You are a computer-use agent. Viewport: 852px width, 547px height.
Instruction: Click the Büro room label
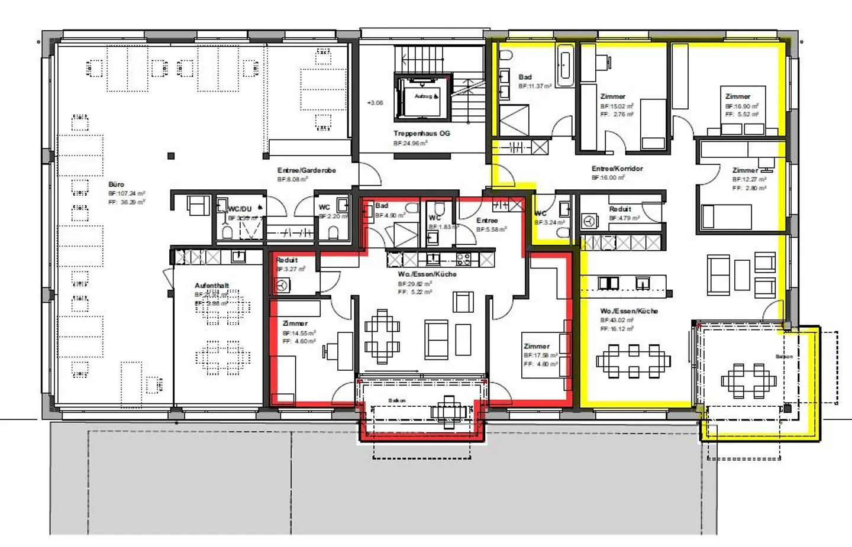pos(117,185)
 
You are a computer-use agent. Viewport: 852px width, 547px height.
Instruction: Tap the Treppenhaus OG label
pos(421,134)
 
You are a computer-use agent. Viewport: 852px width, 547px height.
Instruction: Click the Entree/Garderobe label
pos(306,170)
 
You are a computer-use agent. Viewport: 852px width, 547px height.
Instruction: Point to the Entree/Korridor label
pos(617,169)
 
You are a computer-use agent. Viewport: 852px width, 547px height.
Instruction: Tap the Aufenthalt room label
pos(212,286)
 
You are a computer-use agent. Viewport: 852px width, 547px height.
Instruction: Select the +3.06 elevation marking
pos(375,103)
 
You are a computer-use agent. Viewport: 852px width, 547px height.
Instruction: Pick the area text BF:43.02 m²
pos(617,320)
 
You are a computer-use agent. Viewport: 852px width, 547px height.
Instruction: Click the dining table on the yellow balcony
pos(748,380)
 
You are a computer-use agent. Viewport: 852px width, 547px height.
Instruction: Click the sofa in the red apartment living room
pos(437,340)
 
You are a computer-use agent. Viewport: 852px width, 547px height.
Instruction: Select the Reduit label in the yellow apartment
pos(620,209)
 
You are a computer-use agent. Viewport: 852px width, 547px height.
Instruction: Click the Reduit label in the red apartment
pos(287,260)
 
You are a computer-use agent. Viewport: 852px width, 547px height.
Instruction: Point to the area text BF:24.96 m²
pos(411,143)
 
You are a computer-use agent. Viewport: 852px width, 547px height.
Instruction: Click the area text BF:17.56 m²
pos(540,355)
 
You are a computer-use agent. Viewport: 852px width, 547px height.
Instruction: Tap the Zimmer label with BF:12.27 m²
pos(745,170)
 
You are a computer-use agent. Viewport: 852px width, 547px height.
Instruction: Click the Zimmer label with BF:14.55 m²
pos(295,323)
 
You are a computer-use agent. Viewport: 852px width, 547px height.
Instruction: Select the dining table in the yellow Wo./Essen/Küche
pos(633,360)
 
